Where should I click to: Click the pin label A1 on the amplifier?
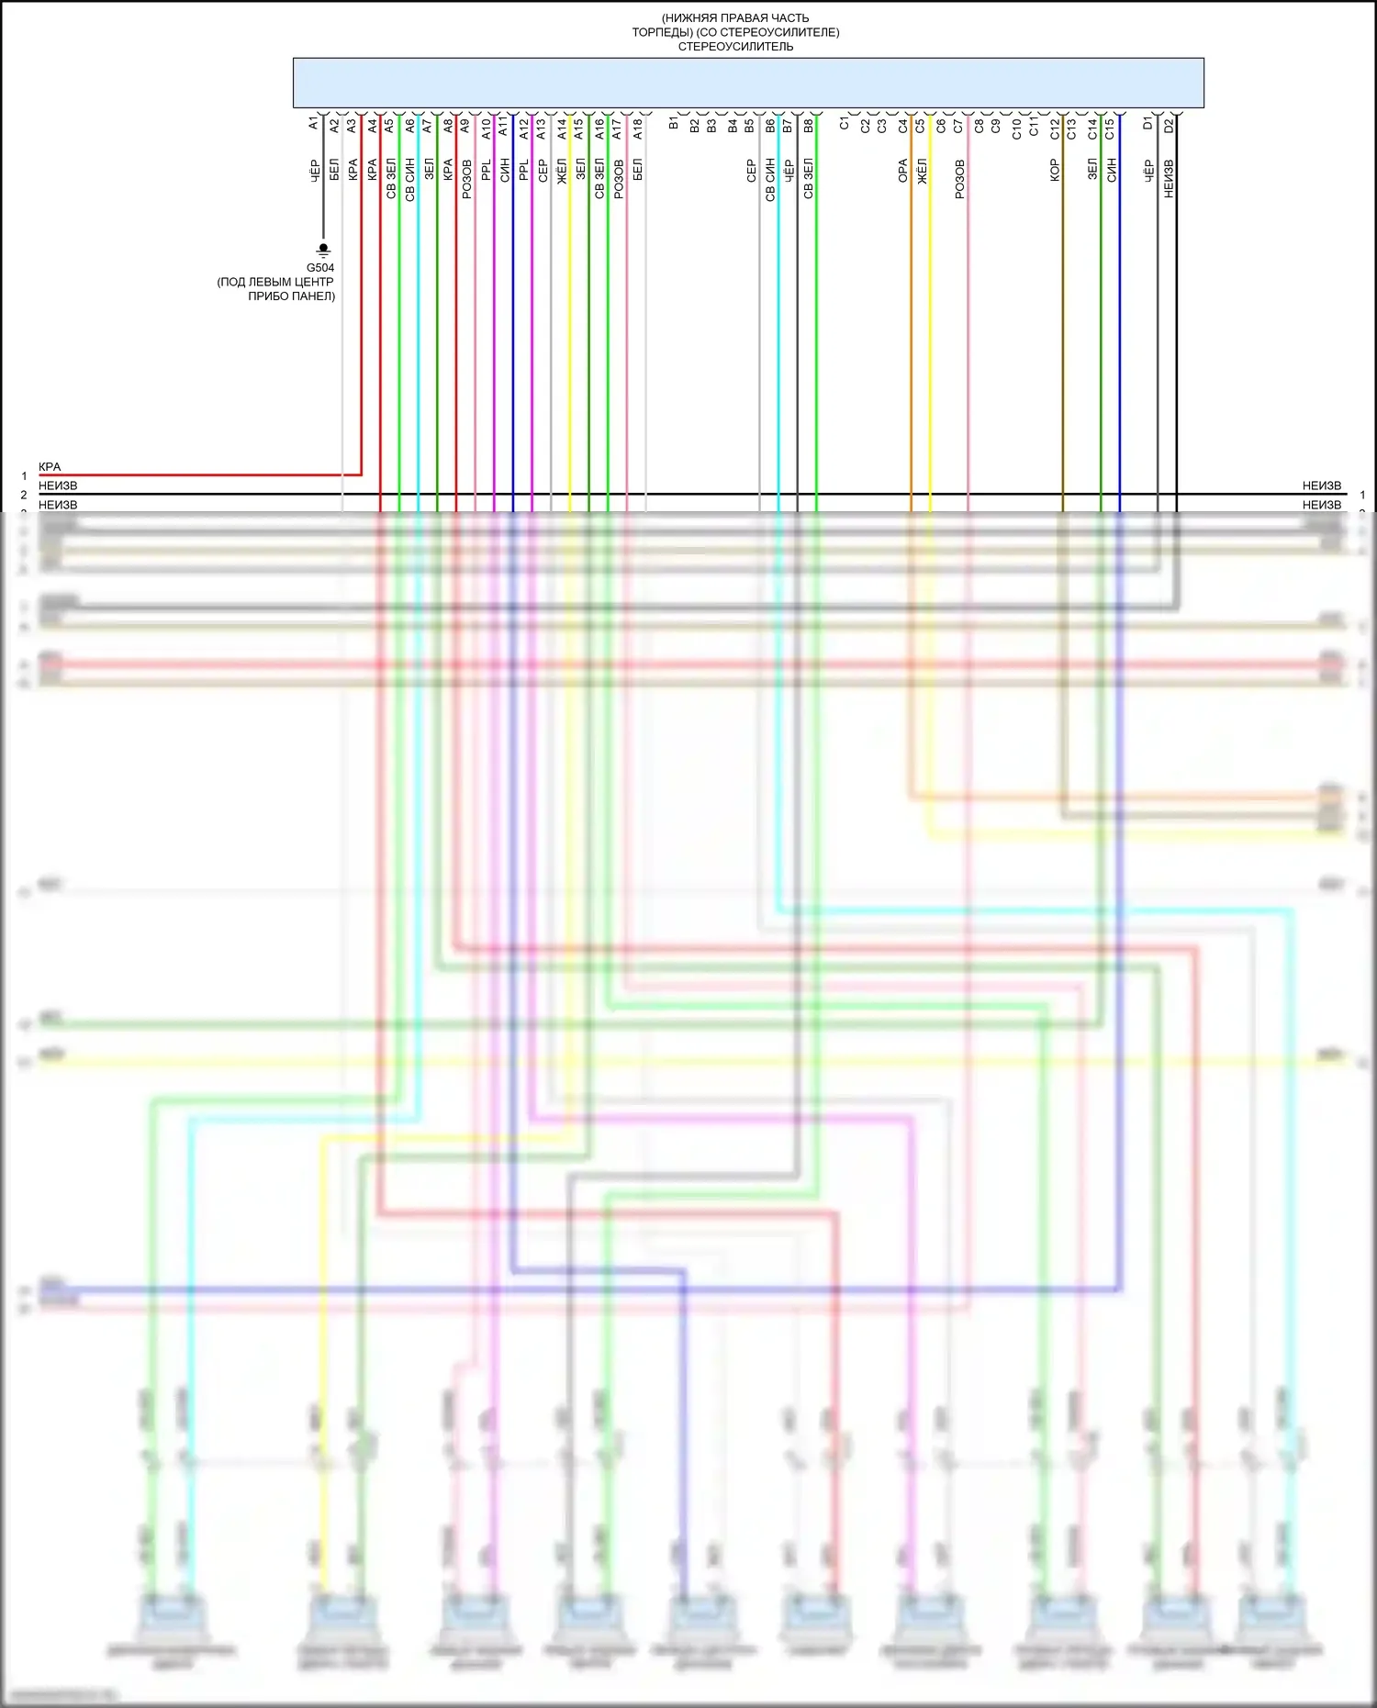(x=314, y=123)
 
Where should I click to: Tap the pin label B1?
(x=674, y=123)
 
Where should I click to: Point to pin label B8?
(x=808, y=126)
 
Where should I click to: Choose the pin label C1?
(x=845, y=123)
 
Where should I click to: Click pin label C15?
(x=1110, y=128)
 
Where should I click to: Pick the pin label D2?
(x=1169, y=125)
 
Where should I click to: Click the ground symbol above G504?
(x=323, y=250)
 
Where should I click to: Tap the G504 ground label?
(x=320, y=268)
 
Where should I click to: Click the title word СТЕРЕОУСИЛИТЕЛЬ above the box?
(x=735, y=47)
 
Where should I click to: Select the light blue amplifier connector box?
(x=748, y=83)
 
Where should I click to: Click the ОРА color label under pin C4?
(x=902, y=171)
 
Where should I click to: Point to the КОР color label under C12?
(x=1055, y=171)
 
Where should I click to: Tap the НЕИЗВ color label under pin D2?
(x=1169, y=178)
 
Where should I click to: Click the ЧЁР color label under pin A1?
(x=314, y=171)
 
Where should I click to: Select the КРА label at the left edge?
(x=50, y=467)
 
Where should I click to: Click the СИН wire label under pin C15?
(x=1111, y=170)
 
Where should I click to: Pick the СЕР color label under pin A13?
(x=543, y=171)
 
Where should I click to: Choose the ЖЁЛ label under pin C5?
(x=922, y=171)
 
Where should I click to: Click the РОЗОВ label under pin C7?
(x=959, y=179)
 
